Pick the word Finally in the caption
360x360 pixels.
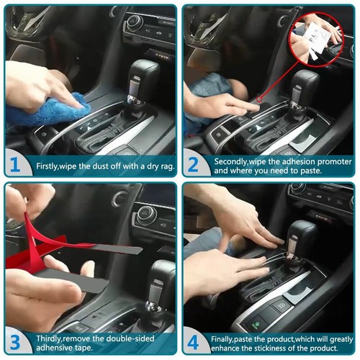coord(227,336)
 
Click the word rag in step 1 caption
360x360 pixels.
coord(163,166)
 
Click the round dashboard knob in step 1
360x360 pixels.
coord(134,22)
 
